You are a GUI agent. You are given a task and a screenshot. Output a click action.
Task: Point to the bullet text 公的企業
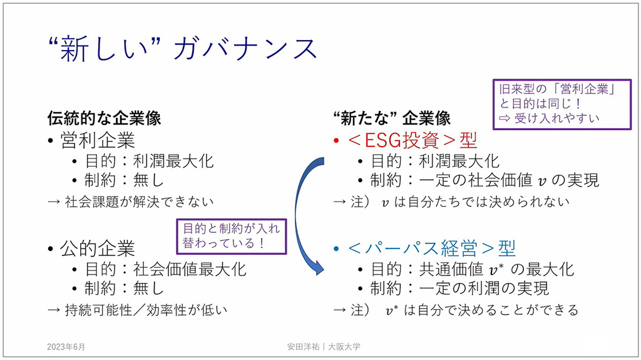(98, 248)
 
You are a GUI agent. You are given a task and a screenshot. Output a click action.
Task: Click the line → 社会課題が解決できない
(131, 202)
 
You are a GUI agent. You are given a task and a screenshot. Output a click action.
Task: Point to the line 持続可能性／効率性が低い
(137, 309)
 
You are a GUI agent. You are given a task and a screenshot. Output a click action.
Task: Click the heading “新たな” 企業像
(392, 118)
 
